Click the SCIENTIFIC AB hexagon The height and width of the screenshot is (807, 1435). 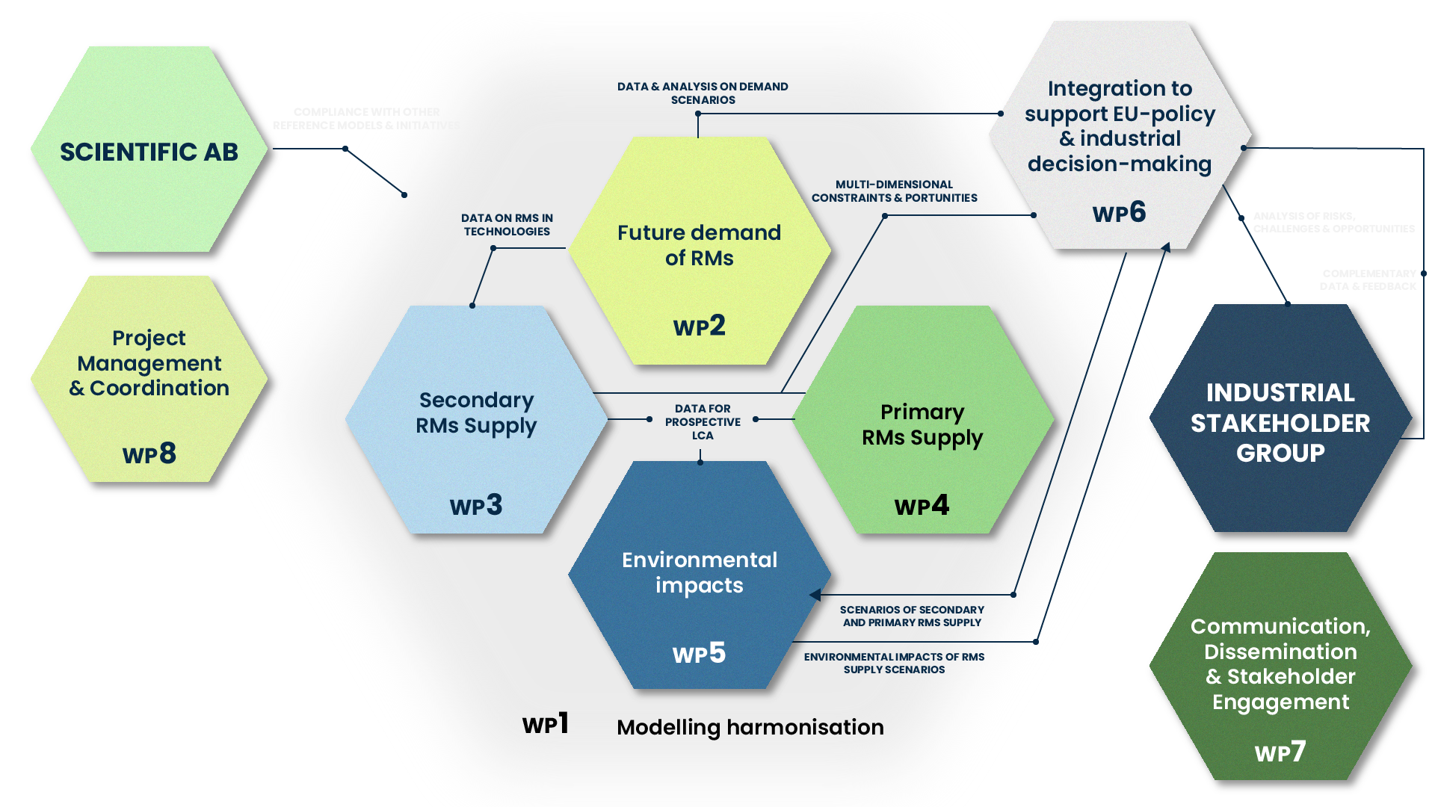[149, 152]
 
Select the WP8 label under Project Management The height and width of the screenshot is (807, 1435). [149, 454]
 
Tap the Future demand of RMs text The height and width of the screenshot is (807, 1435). [699, 245]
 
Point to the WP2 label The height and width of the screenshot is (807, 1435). [699, 326]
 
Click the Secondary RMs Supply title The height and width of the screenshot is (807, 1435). [476, 412]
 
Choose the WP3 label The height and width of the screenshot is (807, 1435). [476, 505]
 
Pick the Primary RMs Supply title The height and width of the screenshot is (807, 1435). [922, 424]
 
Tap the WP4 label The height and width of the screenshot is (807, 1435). [922, 505]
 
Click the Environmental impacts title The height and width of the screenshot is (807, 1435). [700, 572]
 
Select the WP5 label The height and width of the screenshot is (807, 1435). [699, 653]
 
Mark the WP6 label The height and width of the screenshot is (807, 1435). [1119, 212]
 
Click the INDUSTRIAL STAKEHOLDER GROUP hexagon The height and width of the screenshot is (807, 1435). [1280, 422]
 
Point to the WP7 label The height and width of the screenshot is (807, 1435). [1280, 752]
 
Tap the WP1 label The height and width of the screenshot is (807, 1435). [546, 723]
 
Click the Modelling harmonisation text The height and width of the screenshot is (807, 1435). [750, 727]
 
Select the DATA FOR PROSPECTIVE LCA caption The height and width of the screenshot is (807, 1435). [703, 421]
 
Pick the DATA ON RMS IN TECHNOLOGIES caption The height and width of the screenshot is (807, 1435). [507, 224]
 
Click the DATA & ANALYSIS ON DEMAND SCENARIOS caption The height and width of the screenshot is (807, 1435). [703, 93]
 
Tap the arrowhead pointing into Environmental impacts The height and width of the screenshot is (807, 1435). [815, 595]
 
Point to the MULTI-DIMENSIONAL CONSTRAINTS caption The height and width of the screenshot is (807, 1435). [894, 191]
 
